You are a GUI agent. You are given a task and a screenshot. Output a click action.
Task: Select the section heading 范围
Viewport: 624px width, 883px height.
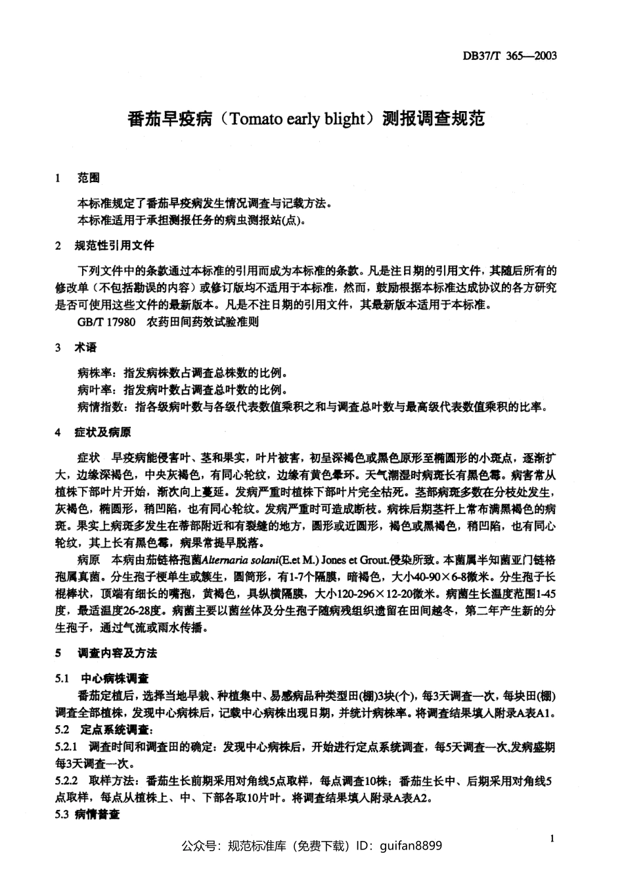coord(88,178)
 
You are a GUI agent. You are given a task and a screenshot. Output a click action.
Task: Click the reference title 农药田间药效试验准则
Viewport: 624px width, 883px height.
coord(204,322)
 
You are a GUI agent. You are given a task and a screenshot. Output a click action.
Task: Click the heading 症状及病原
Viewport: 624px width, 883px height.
coord(103,433)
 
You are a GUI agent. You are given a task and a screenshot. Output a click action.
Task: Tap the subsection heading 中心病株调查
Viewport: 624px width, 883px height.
coord(114,679)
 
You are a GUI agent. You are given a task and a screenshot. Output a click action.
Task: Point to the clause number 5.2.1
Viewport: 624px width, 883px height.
coord(67,747)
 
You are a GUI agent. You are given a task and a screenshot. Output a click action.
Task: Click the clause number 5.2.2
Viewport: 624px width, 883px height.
coord(67,781)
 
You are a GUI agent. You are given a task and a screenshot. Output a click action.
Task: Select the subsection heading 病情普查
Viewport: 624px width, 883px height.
coord(97,815)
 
